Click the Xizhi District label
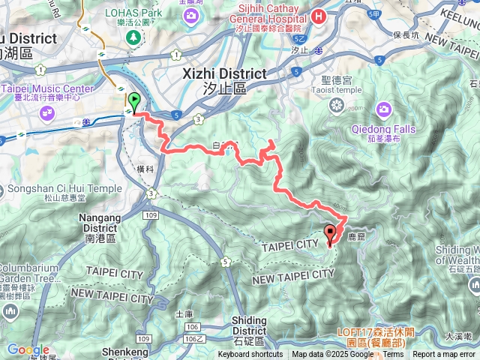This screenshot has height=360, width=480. tap(225, 74)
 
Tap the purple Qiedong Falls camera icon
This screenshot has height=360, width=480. tap(384, 111)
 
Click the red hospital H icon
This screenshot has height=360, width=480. tap(319, 15)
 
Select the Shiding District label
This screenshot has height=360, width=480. tap(249, 325)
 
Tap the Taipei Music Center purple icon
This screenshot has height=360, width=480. tap(47, 112)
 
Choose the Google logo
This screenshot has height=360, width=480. tap(28, 349)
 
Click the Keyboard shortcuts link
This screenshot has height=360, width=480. tap(250, 355)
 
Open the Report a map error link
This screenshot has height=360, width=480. tap(444, 355)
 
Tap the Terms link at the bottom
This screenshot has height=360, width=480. tap(394, 355)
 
